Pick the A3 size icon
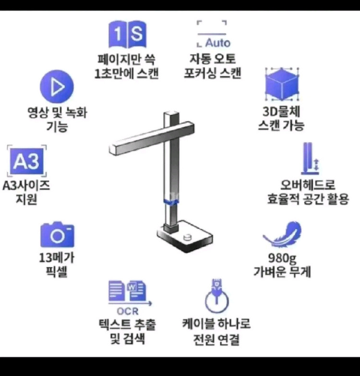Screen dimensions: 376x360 (27, 162)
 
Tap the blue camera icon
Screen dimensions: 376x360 (57, 235)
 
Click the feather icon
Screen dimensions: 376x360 (282, 235)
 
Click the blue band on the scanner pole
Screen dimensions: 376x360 (171, 202)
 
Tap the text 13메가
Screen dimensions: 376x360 (57, 258)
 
